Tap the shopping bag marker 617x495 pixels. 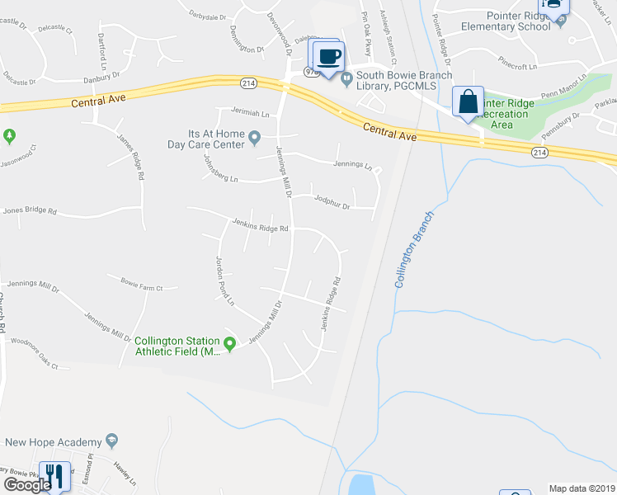(x=468, y=101)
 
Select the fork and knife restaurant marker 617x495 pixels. (x=54, y=474)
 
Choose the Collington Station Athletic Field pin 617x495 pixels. (x=231, y=345)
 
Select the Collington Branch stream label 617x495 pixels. (x=413, y=247)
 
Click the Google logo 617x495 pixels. (x=27, y=485)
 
